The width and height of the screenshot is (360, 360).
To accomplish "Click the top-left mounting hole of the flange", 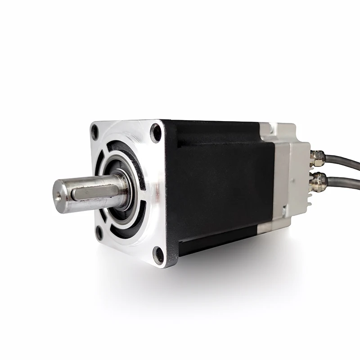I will (95, 132).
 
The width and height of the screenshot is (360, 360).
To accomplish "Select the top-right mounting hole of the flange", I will (156, 133).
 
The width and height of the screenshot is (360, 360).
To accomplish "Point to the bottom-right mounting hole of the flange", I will (158, 254).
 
